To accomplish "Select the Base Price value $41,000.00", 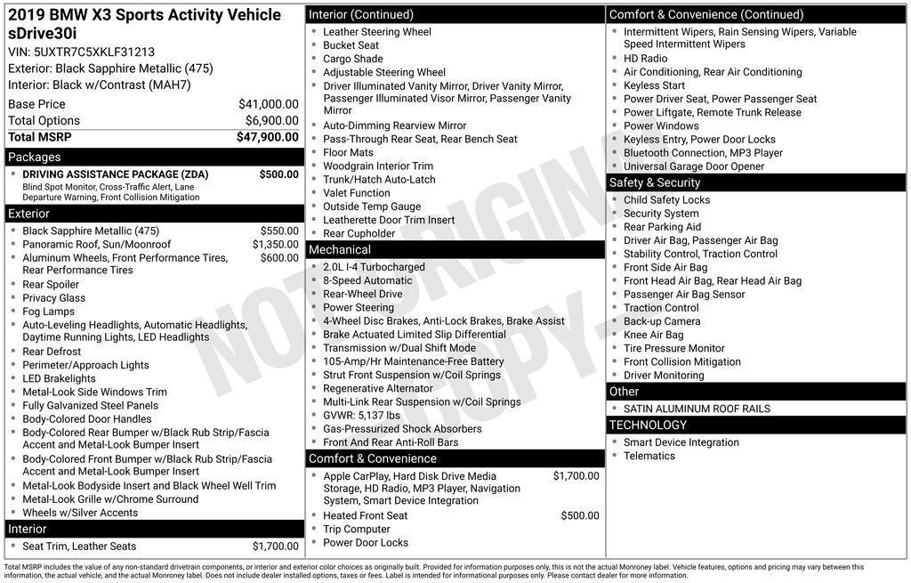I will [x=268, y=104].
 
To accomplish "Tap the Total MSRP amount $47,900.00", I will [x=267, y=137].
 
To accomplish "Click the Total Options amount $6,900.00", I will [x=271, y=121].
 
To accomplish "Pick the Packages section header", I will [x=35, y=158].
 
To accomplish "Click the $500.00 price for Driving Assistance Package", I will [x=278, y=174].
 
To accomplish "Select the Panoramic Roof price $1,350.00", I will [x=275, y=244].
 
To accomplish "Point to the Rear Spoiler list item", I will [x=51, y=285].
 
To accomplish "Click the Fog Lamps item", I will [x=49, y=312].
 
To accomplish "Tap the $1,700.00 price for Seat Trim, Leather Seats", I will [x=275, y=547].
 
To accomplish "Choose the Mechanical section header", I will [x=340, y=250].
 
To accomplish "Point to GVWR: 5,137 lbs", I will [x=361, y=415].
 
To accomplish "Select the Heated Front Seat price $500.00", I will [x=579, y=515].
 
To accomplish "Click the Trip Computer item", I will [x=357, y=530].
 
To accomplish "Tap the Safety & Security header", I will [x=655, y=182].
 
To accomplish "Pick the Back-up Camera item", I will [x=662, y=321].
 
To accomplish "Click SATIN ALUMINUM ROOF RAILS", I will [x=697, y=409].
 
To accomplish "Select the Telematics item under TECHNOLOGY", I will [x=649, y=456].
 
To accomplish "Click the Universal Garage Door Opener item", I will [x=694, y=166].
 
